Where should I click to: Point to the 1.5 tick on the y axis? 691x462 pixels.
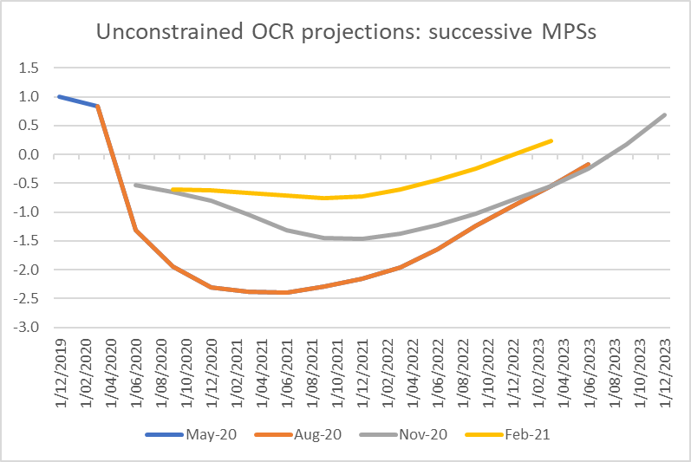click(30, 68)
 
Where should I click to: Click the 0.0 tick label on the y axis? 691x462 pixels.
click(30, 154)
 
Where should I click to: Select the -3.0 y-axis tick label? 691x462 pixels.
click(28, 328)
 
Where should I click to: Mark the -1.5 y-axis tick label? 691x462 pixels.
click(28, 241)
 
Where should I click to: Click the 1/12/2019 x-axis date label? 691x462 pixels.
click(59, 368)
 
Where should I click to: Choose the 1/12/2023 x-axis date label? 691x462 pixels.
click(666, 368)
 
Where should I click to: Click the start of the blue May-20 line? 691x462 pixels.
click(59, 96)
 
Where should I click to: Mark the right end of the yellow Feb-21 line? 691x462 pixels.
click(551, 140)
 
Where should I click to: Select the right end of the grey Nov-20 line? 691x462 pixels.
click(665, 114)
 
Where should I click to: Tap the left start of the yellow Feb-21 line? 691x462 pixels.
click(173, 189)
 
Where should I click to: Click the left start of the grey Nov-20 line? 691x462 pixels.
click(135, 185)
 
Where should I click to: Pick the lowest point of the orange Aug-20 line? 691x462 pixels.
click(287, 292)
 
